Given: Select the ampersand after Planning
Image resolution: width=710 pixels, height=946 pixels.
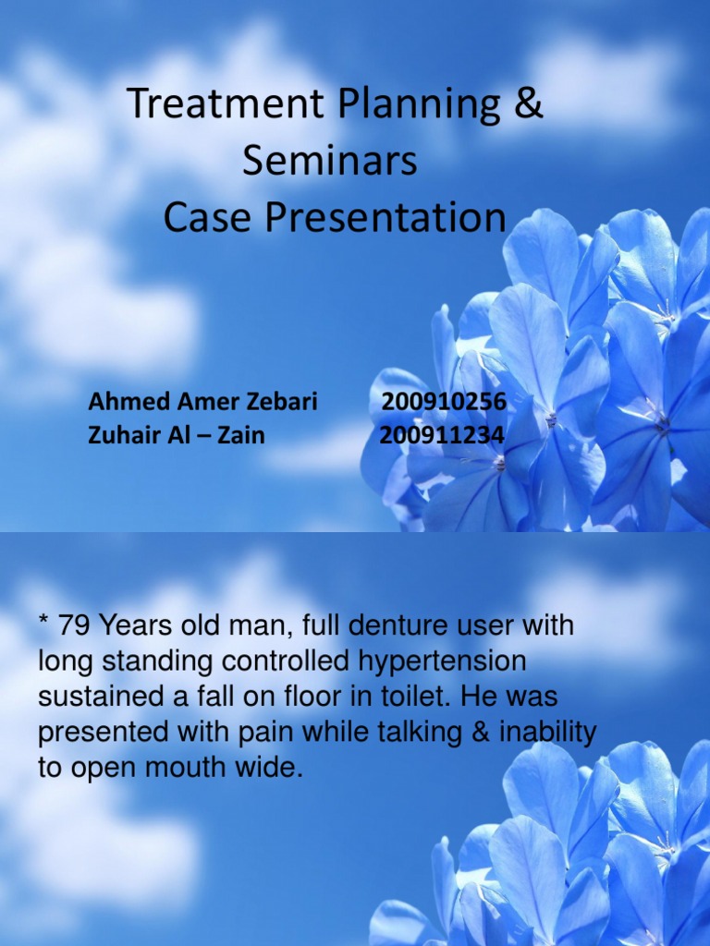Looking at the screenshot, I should (529, 104).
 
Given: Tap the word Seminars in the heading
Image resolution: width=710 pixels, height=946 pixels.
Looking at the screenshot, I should (330, 161).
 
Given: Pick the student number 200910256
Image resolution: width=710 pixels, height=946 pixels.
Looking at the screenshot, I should (444, 402).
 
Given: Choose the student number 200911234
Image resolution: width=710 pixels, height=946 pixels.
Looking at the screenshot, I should (443, 435).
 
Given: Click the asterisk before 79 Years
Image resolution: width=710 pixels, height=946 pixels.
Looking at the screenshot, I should (43, 622).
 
